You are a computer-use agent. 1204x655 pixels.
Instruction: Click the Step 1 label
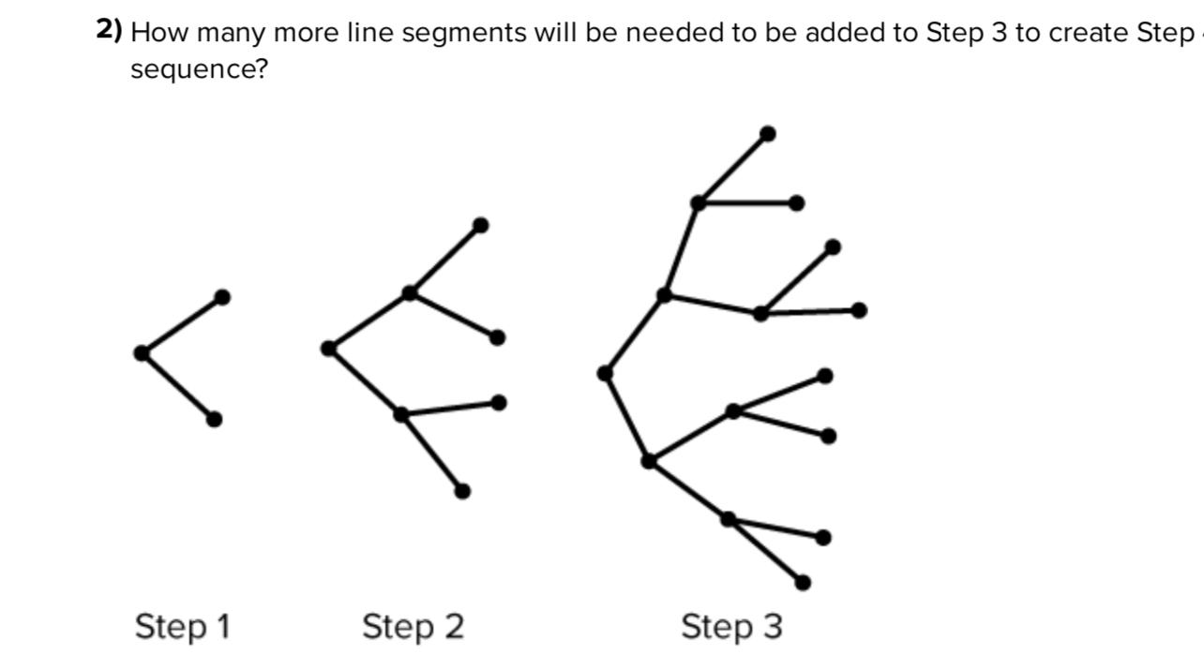[x=182, y=626]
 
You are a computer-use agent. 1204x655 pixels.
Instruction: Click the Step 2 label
[x=413, y=626]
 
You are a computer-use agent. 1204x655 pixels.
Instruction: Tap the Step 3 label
[x=731, y=626]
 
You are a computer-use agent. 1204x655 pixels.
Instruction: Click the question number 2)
[x=109, y=31]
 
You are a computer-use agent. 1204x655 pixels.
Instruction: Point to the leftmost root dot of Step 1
[x=142, y=353]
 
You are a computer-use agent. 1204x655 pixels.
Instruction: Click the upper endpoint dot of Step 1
[x=222, y=297]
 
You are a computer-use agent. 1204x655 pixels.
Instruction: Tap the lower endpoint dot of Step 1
[x=214, y=419]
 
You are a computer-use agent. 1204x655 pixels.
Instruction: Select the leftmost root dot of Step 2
[x=328, y=349]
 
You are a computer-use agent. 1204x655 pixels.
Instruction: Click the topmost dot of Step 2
[x=480, y=225]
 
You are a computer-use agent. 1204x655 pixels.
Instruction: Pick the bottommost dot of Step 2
[x=462, y=491]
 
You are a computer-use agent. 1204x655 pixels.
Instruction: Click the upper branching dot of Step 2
[x=410, y=293]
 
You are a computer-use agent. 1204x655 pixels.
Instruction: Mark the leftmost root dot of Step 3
[x=606, y=373]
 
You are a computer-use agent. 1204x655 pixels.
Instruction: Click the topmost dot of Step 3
[x=768, y=134]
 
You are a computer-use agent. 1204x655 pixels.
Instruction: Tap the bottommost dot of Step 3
[x=803, y=583]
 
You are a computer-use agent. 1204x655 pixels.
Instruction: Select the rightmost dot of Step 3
[x=859, y=310]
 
